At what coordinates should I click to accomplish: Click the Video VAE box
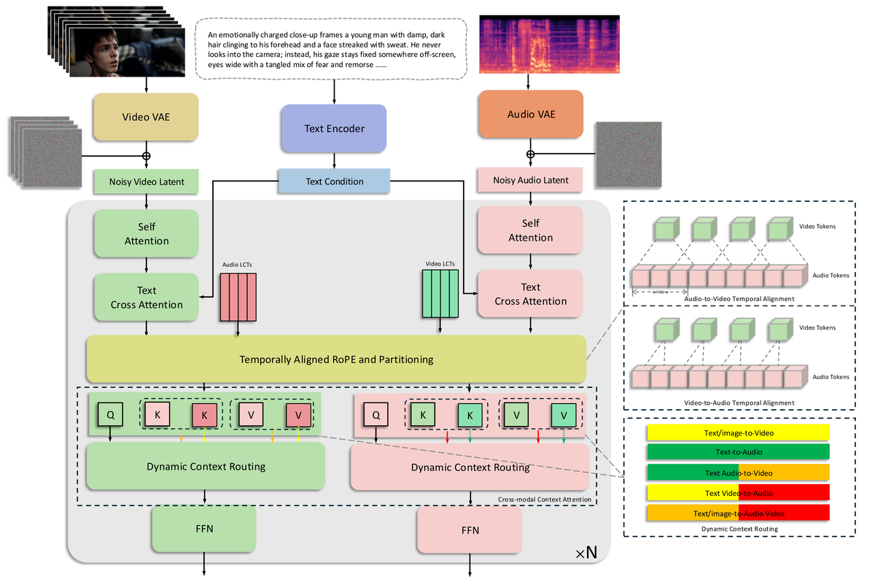[x=147, y=117]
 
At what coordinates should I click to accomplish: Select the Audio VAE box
[x=531, y=114]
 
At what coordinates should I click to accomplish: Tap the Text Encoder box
[x=334, y=128]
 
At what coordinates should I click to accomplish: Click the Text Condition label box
[x=334, y=182]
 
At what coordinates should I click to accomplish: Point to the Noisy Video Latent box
[x=147, y=182]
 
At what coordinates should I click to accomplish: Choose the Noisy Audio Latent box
[x=531, y=180]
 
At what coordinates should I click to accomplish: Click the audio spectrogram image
[x=549, y=44]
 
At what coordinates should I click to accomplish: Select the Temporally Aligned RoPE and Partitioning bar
[x=336, y=359]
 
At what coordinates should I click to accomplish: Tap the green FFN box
[x=203, y=530]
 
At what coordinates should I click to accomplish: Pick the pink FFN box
[x=470, y=530]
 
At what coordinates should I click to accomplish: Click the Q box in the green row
[x=110, y=415]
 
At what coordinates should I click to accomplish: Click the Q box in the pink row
[x=376, y=416]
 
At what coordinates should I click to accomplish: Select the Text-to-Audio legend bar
[x=738, y=452]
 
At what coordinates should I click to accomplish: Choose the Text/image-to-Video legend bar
[x=738, y=432]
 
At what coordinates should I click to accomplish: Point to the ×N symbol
[x=586, y=553]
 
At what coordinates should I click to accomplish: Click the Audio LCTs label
[x=237, y=265]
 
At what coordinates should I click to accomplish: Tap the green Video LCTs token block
[x=440, y=293]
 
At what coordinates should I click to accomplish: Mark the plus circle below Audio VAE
[x=531, y=155]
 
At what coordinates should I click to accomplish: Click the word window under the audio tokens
[x=661, y=292]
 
